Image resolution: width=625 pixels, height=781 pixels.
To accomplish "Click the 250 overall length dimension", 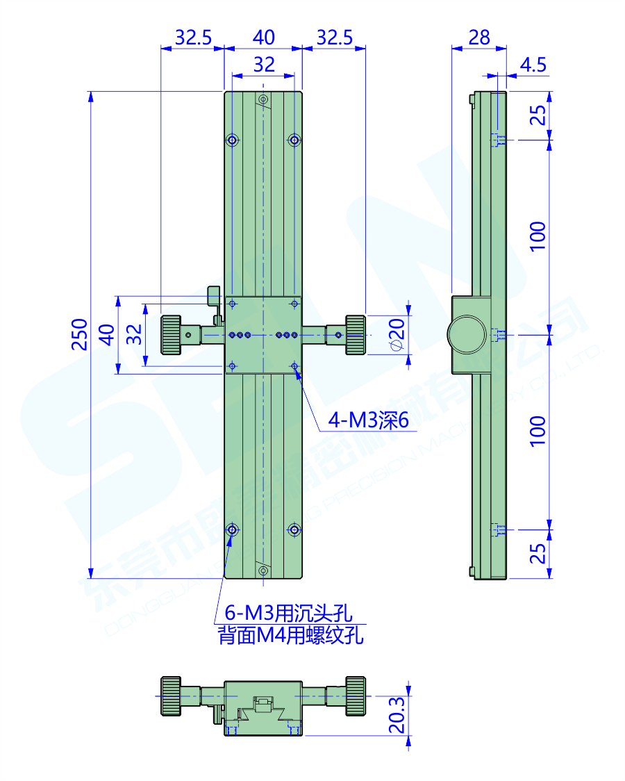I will pyautogui.click(x=79, y=334).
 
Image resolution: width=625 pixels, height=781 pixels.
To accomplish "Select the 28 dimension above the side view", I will pyautogui.click(x=479, y=37).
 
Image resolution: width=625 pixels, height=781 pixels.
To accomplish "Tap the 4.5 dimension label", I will pyautogui.click(x=533, y=65).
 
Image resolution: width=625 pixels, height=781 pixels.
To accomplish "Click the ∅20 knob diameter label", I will pyautogui.click(x=397, y=336).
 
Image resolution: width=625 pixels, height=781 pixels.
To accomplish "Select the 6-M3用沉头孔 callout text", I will pyautogui.click(x=288, y=614).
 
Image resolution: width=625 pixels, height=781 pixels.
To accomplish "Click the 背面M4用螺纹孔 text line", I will pyautogui.click(x=291, y=635).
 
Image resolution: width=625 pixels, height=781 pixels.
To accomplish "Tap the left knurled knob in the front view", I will pyautogui.click(x=171, y=335).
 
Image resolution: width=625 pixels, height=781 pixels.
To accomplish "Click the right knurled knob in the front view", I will pyautogui.click(x=356, y=335).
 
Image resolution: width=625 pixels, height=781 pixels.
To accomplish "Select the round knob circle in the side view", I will pyautogui.click(x=467, y=334).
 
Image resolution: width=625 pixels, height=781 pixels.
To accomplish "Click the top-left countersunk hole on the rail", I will pyautogui.click(x=232, y=140).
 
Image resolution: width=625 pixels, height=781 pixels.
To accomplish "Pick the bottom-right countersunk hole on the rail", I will pyautogui.click(x=295, y=530).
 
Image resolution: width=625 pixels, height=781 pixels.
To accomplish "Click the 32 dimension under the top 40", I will pyautogui.click(x=264, y=65).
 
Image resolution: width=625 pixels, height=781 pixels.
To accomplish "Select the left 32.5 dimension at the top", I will pyautogui.click(x=192, y=37).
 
